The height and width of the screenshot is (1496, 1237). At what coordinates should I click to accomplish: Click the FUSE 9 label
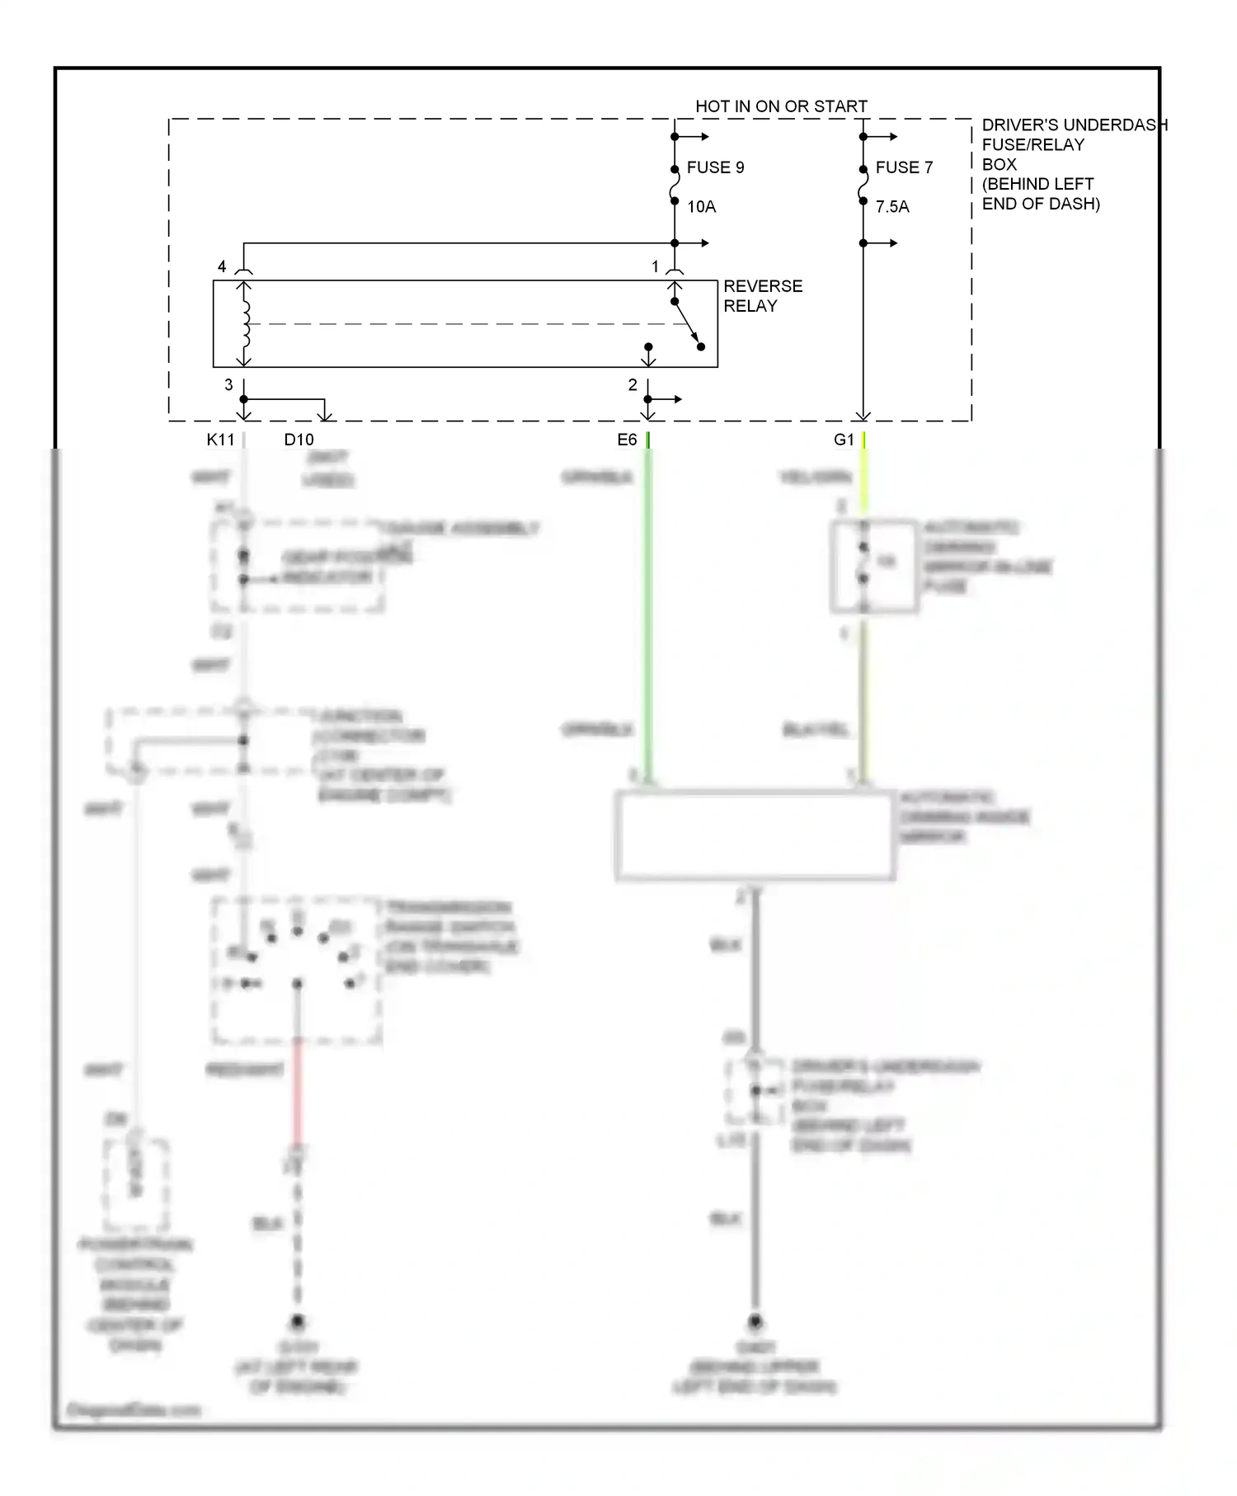tap(714, 167)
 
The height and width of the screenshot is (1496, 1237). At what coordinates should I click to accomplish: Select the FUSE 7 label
tap(904, 167)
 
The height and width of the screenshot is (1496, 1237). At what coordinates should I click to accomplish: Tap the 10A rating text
tap(701, 207)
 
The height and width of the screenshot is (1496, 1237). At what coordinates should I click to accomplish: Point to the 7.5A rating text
tap(891, 207)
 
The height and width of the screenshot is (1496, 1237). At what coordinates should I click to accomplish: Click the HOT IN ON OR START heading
tap(780, 106)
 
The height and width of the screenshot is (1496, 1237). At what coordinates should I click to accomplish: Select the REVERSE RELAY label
tap(762, 296)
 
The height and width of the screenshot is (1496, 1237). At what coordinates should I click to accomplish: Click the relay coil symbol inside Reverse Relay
tap(245, 323)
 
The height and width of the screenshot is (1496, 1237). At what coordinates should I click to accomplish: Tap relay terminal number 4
tap(222, 266)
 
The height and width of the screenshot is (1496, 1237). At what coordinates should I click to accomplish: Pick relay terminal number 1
tap(655, 266)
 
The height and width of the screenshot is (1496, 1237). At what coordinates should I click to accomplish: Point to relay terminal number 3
tap(228, 385)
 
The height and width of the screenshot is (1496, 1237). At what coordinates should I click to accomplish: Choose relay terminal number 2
tap(633, 385)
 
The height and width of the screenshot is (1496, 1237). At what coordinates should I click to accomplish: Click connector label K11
tap(220, 440)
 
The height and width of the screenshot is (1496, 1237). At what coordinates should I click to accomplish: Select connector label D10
tap(299, 440)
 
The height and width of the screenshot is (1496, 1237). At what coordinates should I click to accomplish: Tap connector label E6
tap(627, 440)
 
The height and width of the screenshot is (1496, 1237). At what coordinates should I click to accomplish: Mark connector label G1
tap(844, 440)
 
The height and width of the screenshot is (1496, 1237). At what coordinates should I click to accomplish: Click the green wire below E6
tap(648, 619)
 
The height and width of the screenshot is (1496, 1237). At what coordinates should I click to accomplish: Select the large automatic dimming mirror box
tap(754, 835)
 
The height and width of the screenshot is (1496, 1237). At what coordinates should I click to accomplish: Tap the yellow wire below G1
tap(863, 482)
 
